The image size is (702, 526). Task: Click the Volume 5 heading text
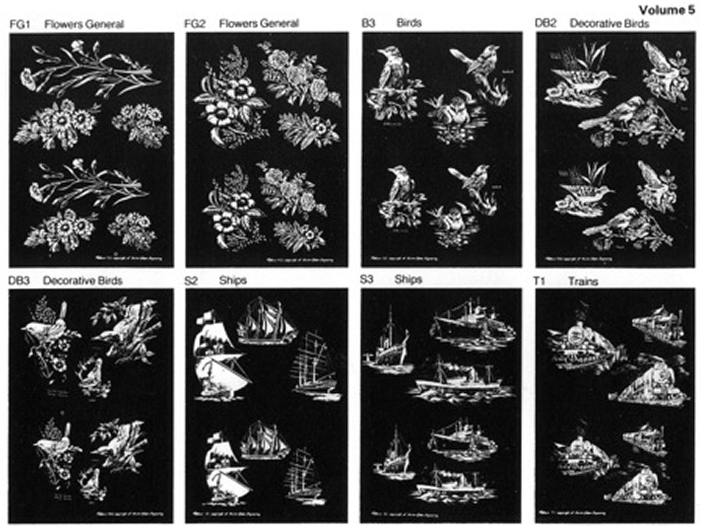[667, 10]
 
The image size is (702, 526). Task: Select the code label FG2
[194, 24]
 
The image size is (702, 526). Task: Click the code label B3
[369, 23]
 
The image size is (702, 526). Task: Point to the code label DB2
[545, 23]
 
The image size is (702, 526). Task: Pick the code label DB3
[19, 281]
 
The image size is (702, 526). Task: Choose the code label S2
[191, 281]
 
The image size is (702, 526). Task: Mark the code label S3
[367, 280]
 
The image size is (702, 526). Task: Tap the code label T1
[539, 281]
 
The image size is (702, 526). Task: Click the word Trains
[583, 281]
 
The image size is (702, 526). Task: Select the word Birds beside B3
[409, 23]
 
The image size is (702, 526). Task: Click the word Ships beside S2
[233, 281]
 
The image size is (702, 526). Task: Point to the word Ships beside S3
[408, 280]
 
